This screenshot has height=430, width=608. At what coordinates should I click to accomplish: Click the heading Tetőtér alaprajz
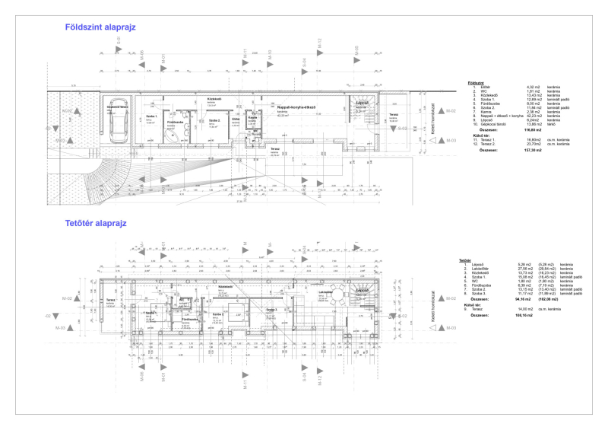click(x=95, y=224)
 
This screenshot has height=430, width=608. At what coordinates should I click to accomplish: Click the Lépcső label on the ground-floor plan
click(x=362, y=100)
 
